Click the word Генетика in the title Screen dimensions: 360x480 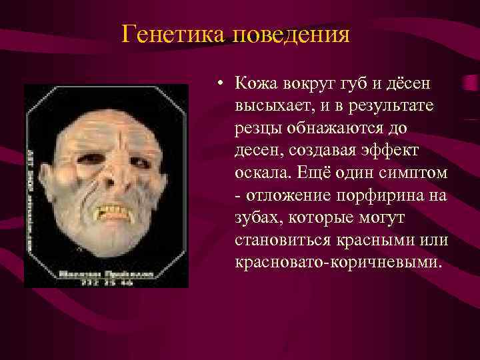[x=174, y=34]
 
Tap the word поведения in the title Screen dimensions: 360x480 [x=291, y=34]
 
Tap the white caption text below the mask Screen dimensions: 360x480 [x=107, y=277]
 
